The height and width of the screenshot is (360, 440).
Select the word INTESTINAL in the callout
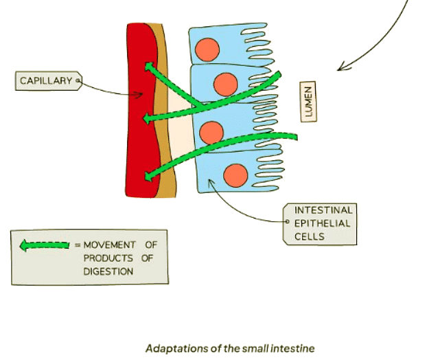[x=323, y=210]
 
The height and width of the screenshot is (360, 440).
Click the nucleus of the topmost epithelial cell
[x=206, y=49]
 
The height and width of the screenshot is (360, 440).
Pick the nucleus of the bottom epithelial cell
[x=235, y=175]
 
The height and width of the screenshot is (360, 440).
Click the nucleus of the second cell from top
[x=225, y=84]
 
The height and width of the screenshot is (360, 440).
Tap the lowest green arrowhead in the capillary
[x=148, y=178]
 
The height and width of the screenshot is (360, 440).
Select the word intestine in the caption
[x=293, y=348]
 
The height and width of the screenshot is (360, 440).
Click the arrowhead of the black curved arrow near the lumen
[x=340, y=67]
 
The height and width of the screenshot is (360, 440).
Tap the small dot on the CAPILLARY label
[x=78, y=81]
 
